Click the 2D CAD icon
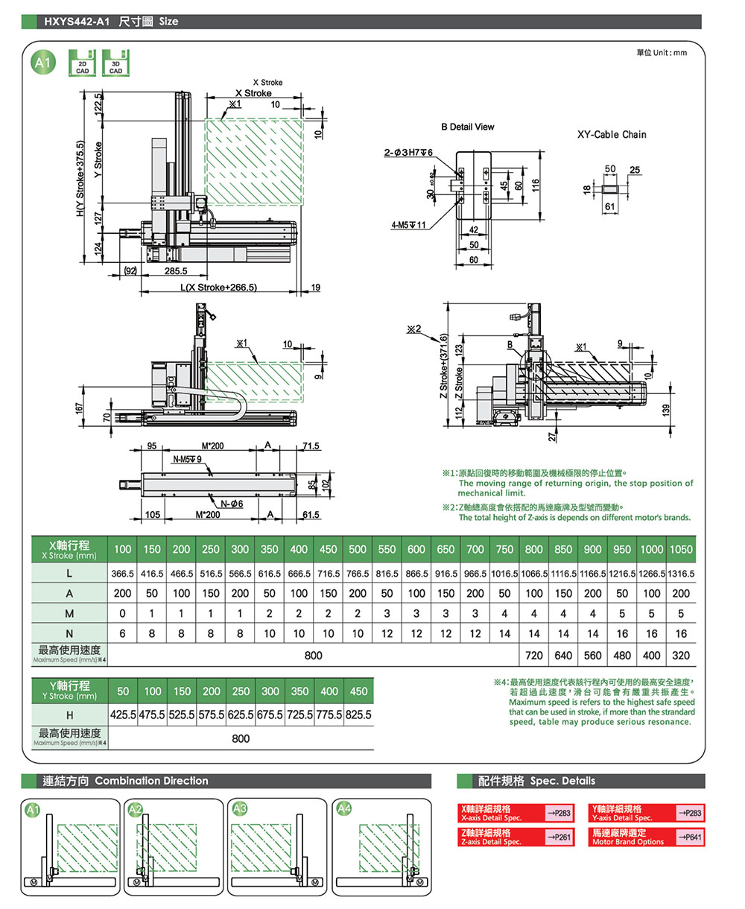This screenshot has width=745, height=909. click(83, 63)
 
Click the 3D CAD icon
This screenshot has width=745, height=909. click(115, 63)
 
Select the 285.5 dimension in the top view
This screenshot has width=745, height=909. click(176, 271)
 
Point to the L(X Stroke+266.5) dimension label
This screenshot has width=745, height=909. click(218, 288)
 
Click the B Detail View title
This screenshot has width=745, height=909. click(467, 127)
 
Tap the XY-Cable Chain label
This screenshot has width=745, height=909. click(612, 135)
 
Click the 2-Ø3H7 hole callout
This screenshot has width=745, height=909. click(408, 153)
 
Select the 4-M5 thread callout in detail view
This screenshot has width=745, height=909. click(408, 225)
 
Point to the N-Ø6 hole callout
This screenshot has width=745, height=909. click(231, 504)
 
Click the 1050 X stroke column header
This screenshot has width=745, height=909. click(681, 549)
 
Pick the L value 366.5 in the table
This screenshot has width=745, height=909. click(122, 574)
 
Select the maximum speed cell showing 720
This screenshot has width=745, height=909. click(534, 656)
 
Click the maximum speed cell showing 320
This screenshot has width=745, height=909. click(681, 656)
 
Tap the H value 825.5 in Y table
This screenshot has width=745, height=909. click(358, 715)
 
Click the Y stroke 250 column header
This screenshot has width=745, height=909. click(241, 691)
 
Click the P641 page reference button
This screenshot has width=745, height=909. click(690, 837)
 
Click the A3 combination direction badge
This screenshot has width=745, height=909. click(240, 808)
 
